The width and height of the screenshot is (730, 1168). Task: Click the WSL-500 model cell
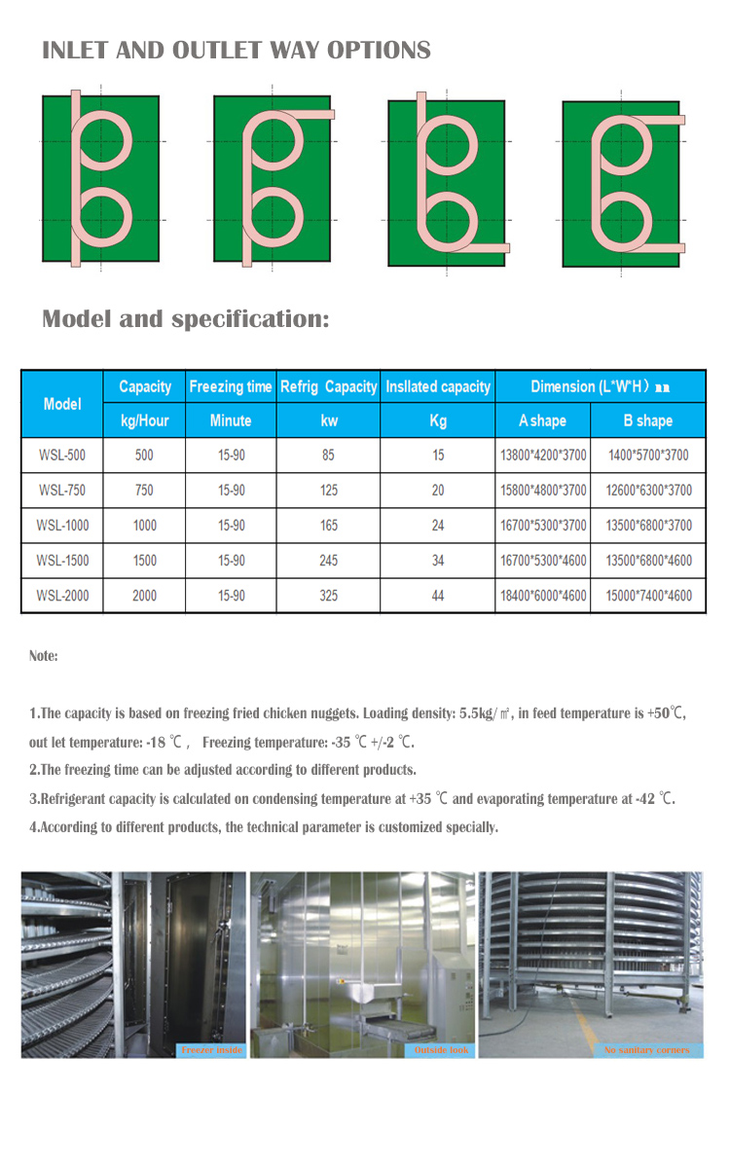62,456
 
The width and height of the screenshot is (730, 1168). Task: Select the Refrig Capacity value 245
328,561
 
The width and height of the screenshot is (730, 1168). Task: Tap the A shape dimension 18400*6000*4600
543,596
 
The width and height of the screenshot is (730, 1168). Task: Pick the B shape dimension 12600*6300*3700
648,491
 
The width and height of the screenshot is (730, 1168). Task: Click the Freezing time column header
231,386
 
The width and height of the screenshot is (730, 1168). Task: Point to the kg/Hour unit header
144,420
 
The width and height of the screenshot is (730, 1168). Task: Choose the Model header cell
62,403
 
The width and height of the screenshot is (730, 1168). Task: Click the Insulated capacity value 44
438,596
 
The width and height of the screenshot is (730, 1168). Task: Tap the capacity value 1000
144,526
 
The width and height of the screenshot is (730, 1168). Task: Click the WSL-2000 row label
62,596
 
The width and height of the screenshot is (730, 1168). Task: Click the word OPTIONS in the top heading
375,51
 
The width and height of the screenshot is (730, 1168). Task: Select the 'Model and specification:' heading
186,319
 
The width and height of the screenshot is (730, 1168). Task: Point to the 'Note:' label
43,656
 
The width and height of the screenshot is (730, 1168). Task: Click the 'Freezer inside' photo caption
209,1050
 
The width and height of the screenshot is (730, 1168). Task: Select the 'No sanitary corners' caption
646,1050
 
